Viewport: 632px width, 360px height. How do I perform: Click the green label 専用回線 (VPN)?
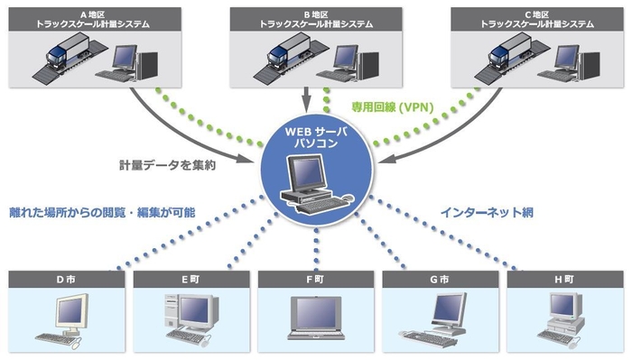[x=393, y=107]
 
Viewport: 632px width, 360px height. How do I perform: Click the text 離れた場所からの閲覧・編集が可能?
[x=104, y=213]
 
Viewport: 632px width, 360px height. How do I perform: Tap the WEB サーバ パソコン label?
[x=316, y=137]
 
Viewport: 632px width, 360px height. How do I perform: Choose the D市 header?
[x=67, y=279]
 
